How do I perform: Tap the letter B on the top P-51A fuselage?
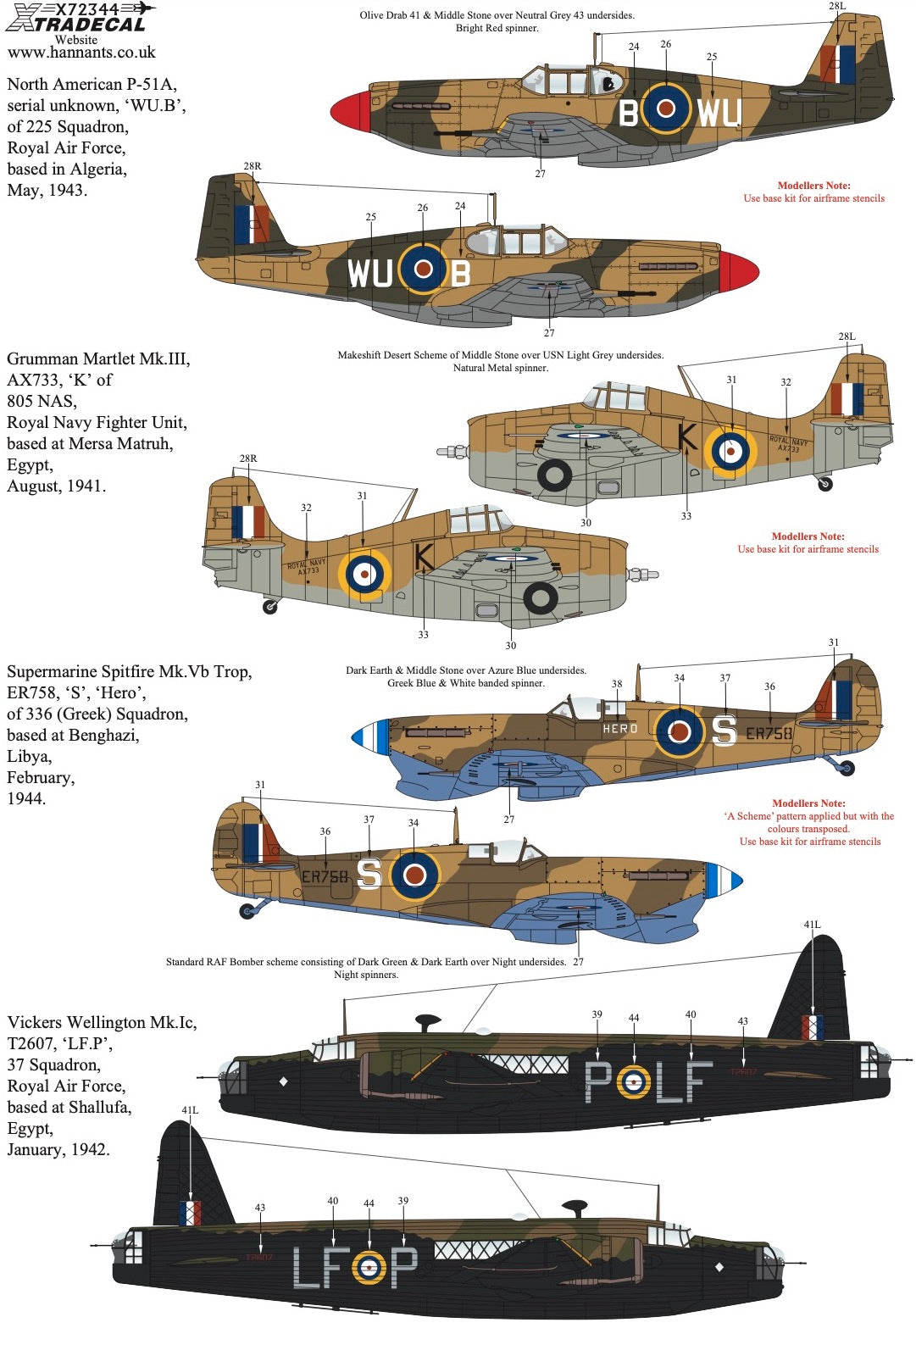[628, 113]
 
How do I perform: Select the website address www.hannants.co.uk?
[81, 53]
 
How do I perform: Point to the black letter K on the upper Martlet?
[687, 436]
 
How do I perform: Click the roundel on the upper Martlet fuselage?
[730, 450]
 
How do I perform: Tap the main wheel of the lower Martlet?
[540, 598]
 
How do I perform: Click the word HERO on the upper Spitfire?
[620, 729]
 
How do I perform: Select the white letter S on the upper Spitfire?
[724, 730]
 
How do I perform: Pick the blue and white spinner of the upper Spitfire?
[370, 736]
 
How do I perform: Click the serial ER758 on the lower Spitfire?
[325, 877]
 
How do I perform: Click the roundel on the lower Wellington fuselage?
[369, 1266]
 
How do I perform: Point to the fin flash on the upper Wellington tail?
[812, 1027]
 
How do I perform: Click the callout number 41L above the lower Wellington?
[190, 1109]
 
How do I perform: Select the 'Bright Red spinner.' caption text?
[497, 28]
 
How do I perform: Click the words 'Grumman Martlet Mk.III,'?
[98, 358]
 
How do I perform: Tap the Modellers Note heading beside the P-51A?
[813, 186]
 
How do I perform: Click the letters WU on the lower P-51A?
[370, 273]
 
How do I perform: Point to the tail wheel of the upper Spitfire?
[847, 769]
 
